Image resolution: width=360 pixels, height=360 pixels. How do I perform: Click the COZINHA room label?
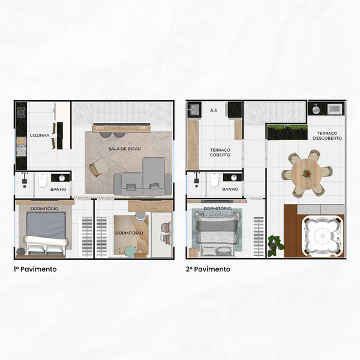(40, 135)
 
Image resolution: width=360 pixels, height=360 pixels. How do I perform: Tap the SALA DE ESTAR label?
(125, 149)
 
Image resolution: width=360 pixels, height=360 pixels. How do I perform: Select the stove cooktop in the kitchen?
(21, 113)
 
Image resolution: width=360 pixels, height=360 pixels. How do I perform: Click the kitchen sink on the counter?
(22, 152)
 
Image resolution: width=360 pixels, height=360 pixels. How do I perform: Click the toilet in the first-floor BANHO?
(43, 180)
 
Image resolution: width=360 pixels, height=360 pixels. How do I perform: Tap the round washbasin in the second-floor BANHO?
(234, 178)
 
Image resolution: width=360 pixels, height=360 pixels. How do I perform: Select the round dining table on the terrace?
(306, 174)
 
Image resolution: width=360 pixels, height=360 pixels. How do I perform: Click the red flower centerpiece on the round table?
(306, 173)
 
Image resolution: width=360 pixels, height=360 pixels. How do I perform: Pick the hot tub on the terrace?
(323, 236)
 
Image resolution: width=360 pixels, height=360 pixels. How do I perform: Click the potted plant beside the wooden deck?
(276, 245)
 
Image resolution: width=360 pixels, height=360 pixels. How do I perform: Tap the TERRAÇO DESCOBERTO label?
(327, 136)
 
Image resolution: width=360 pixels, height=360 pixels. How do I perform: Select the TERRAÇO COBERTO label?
(220, 152)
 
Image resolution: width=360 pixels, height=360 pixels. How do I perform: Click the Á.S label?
(213, 110)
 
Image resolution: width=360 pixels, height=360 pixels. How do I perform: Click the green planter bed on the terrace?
(287, 132)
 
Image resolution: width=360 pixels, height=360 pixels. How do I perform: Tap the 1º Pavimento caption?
(35, 269)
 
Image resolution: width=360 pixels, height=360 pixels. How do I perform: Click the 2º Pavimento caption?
(208, 269)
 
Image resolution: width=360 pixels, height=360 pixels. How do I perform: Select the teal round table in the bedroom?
(131, 251)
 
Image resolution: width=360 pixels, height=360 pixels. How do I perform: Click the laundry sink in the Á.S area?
(194, 110)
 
